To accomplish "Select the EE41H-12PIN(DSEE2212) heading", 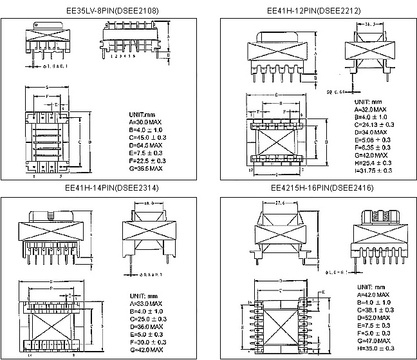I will pos(313,11).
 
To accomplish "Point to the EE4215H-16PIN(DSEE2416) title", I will pos(313,187).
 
